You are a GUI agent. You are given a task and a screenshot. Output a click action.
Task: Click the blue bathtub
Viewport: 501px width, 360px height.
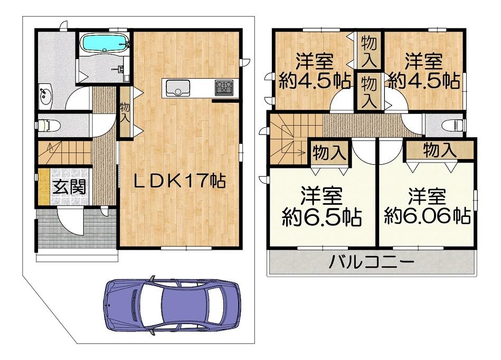pyautogui.click(x=105, y=42)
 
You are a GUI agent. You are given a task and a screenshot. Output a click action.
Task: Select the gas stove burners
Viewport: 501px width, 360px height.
pyautogui.click(x=224, y=87)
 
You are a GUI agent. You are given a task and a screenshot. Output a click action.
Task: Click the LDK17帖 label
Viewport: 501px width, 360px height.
pyautogui.click(x=179, y=181)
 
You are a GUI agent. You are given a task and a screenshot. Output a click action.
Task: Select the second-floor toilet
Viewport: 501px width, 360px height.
pyautogui.click(x=453, y=125)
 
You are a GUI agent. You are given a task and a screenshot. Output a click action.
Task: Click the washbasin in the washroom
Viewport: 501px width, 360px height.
pyautogui.click(x=46, y=94)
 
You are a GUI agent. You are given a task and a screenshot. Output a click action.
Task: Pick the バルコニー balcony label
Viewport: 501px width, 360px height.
pyautogui.click(x=372, y=263)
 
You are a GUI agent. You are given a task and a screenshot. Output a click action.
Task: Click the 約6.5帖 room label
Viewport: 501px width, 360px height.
pyautogui.click(x=322, y=217)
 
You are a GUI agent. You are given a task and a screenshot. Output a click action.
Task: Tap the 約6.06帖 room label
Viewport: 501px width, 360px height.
pyautogui.click(x=427, y=216)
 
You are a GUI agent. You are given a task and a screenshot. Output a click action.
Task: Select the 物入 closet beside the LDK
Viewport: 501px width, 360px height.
pyautogui.click(x=125, y=113)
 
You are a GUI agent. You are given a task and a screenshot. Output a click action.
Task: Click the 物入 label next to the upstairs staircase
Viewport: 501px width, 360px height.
pyautogui.click(x=329, y=153)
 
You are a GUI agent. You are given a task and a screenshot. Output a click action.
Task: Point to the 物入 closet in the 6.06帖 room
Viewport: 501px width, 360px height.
pyautogui.click(x=440, y=149)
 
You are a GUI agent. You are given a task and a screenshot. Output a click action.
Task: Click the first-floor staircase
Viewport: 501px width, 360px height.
pyautogui.click(x=64, y=153)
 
